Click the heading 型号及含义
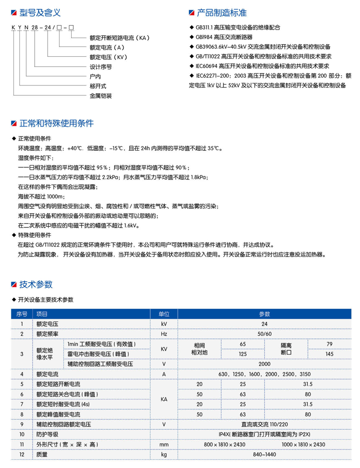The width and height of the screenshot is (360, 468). (x=38, y=13)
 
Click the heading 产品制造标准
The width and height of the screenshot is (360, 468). (x=222, y=13)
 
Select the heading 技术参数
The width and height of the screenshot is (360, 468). (x=36, y=284)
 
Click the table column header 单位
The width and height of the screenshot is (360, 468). (x=164, y=314)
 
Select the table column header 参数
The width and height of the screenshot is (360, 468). (x=264, y=314)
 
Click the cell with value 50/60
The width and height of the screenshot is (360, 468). (x=264, y=333)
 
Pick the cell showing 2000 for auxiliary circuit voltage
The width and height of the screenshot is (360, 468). (x=264, y=364)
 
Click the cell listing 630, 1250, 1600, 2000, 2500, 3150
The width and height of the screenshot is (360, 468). (x=264, y=374)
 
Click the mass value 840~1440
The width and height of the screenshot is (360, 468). (x=264, y=454)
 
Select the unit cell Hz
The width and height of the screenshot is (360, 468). (x=164, y=333)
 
